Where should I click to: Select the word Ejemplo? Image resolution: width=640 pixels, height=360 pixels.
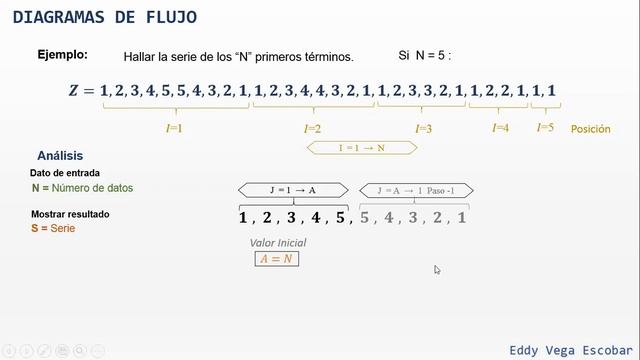(62, 55)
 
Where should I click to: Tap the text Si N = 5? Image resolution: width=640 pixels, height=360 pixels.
(425, 56)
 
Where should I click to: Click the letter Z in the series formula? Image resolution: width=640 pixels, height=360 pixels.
(74, 91)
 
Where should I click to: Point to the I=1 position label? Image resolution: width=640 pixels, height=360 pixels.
(173, 128)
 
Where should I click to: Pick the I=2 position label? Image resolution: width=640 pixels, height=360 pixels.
(312, 129)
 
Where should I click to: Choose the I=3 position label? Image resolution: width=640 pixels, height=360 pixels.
(423, 129)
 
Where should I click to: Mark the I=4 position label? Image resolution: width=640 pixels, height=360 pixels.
(501, 128)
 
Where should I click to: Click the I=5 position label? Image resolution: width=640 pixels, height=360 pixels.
(545, 127)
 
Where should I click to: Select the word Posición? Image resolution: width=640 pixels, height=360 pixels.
(590, 129)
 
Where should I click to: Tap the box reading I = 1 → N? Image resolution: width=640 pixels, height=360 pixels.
(361, 148)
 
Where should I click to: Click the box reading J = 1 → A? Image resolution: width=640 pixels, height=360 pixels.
(292, 190)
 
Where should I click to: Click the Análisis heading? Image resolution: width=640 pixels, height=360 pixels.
(60, 156)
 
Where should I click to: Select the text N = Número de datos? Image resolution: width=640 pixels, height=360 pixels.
(82, 188)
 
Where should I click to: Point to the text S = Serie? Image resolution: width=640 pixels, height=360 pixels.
(53, 229)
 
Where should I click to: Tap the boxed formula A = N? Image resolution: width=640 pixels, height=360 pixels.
(277, 258)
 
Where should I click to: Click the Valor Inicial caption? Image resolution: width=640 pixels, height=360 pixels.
(277, 243)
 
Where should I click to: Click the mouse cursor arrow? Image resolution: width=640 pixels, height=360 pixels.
(437, 269)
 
